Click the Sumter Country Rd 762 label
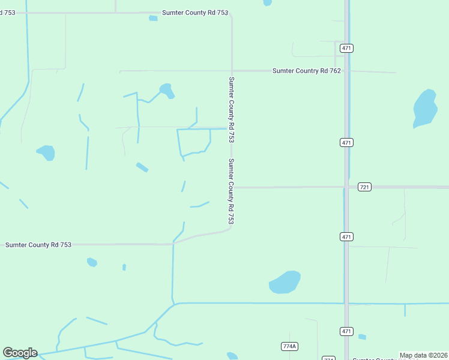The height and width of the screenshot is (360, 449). [x=306, y=71]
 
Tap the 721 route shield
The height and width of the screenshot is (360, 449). [x=364, y=187]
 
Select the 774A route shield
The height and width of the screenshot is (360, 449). [x=289, y=346]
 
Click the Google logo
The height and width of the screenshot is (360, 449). [x=20, y=353]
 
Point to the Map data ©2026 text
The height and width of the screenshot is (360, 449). [x=424, y=355]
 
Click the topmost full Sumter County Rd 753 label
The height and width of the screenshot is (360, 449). [x=195, y=13]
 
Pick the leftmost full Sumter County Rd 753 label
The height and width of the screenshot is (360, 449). [x=38, y=245]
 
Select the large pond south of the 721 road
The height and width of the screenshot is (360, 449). [x=285, y=281]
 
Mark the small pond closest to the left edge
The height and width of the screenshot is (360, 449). [x=46, y=152]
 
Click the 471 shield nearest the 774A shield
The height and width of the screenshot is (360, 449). [x=346, y=331]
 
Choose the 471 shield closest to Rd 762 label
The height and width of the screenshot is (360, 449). [x=346, y=48]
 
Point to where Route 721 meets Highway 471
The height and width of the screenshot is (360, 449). [x=346, y=187]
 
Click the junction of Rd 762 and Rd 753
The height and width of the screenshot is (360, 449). [x=232, y=71]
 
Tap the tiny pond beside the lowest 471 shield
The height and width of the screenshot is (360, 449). [x=362, y=337]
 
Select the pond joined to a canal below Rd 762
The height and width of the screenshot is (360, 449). [x=166, y=90]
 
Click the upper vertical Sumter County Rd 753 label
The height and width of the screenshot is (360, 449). [x=231, y=109]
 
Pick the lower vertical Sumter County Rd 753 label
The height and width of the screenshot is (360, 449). [x=231, y=191]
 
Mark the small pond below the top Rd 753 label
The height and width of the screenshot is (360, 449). [x=153, y=19]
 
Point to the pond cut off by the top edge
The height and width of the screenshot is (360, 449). [x=267, y=2]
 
